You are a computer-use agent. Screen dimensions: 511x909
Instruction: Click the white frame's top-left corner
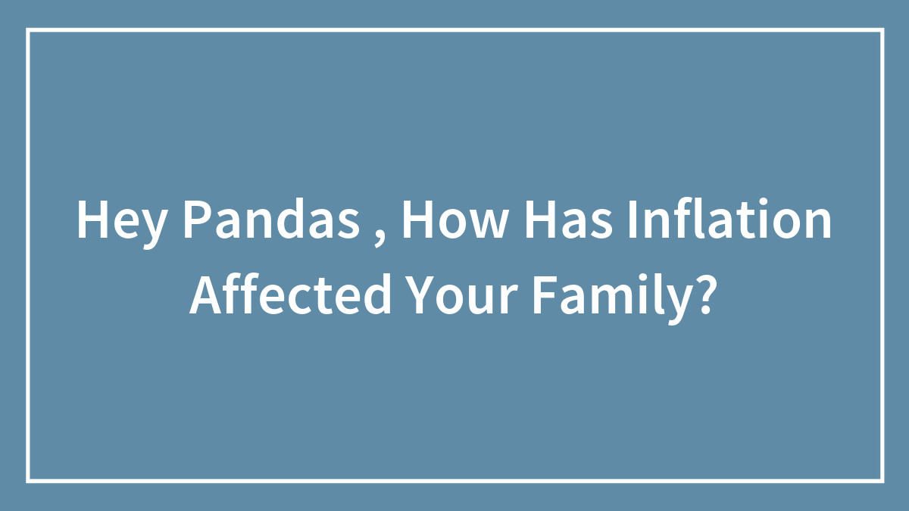(28, 30)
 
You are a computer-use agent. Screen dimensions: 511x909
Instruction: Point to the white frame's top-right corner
(882, 30)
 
